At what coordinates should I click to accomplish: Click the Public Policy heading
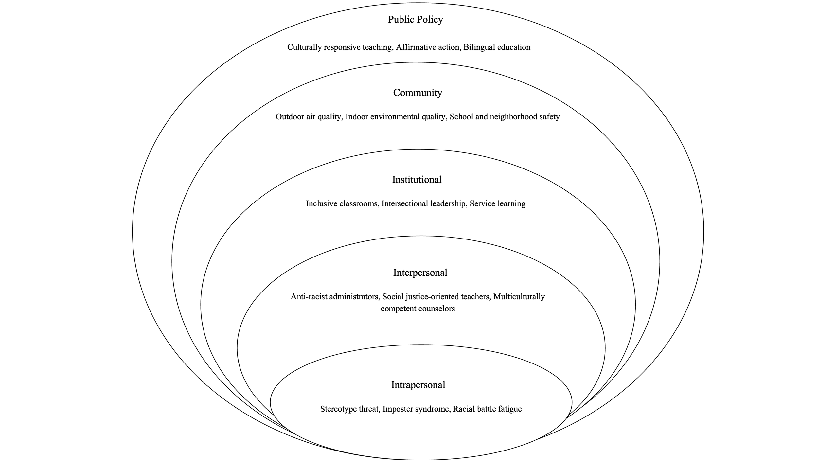coord(415,20)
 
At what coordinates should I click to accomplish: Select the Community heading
coord(418,93)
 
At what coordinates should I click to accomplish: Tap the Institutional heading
coord(417,180)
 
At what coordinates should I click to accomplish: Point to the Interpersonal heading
coord(420,273)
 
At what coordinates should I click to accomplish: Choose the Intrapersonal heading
coord(418,385)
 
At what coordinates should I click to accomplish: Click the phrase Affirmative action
coord(427,47)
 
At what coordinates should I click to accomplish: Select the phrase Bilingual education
coord(497,47)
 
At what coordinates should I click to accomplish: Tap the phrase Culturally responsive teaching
coord(339,47)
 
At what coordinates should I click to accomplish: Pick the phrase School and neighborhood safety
coord(505,117)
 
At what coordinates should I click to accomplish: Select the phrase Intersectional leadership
coord(424,204)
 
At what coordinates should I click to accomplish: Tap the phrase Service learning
coord(497,204)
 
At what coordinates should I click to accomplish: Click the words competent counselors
coord(418,309)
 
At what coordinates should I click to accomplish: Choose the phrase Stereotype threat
coord(349,409)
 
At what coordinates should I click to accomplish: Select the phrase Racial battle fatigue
coord(487,409)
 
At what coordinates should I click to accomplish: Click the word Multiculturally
coord(519,297)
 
